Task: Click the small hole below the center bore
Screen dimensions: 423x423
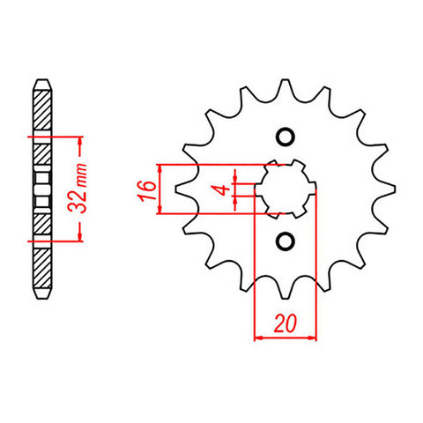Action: [x=285, y=240]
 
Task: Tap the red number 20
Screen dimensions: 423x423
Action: [x=284, y=324]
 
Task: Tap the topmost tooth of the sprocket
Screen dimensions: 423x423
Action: [x=285, y=86]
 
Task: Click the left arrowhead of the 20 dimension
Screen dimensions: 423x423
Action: [x=258, y=337]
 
